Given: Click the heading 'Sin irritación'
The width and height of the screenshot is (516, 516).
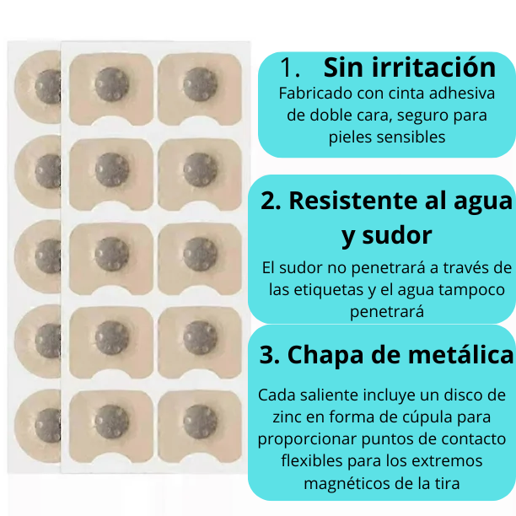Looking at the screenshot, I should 410,67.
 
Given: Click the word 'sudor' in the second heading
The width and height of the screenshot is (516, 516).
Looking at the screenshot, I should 399,235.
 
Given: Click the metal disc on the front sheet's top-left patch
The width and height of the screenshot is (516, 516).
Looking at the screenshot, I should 111,83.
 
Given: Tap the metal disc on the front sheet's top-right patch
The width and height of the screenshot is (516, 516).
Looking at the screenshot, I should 200,83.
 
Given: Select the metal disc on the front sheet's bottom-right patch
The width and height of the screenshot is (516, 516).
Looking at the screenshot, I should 200,420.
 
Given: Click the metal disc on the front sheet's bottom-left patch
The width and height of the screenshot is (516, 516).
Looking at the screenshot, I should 111,420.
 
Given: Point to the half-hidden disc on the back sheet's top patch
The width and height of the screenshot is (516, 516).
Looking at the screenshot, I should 49,84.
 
